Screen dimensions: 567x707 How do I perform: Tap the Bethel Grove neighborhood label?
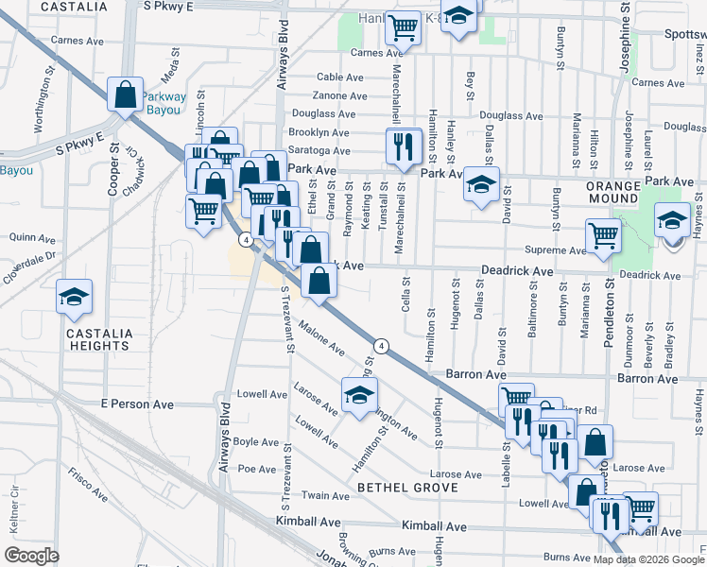(407, 488)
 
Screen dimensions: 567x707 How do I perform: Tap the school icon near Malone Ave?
(358, 397)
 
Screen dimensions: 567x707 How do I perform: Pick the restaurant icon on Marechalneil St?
(402, 147)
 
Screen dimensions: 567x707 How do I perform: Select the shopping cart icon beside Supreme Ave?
(603, 236)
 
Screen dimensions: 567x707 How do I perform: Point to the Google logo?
(31, 555)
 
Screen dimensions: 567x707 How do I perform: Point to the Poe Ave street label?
(256, 469)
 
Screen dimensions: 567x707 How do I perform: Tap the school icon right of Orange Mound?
(671, 223)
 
